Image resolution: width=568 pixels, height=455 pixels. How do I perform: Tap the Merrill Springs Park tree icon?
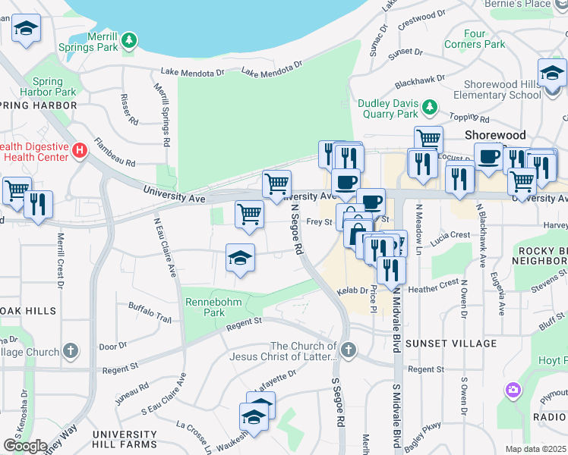pos(130,39)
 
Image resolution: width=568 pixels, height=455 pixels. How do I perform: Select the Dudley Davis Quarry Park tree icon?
pos(429,107)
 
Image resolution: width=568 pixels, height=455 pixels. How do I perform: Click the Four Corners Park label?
pos(484,39)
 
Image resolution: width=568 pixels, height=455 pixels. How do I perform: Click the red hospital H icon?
pos(78,150)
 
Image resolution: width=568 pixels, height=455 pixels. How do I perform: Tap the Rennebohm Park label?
pos(204,306)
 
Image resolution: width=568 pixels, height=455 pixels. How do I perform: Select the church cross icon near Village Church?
pos(71,351)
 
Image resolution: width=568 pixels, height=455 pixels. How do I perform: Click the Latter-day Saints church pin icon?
pos(349,350)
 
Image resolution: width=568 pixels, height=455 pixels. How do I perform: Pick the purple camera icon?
pos(513,391)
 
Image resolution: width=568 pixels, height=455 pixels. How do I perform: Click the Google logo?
pos(25,445)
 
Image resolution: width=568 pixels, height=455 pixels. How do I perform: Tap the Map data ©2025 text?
pos(535,449)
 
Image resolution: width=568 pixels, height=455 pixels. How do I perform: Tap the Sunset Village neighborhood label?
pos(451,344)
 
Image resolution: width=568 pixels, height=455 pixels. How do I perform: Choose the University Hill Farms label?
pos(125,439)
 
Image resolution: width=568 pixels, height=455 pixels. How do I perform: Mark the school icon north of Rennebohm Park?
pos(240,259)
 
